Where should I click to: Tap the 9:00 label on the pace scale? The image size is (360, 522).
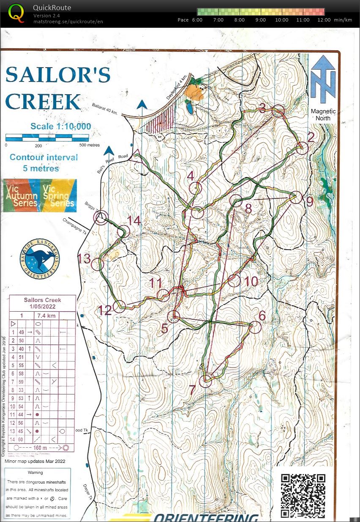261,20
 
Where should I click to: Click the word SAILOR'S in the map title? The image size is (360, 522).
58,75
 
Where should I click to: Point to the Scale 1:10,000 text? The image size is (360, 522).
60,126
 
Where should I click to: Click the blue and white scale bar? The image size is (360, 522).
47,137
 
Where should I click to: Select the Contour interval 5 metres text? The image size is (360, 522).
44,163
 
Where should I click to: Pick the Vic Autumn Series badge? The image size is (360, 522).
21,195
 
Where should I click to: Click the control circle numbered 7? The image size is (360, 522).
205,381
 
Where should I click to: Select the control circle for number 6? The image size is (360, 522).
254,327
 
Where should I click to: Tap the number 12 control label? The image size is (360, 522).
105,310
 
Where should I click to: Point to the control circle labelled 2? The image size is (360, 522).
302,148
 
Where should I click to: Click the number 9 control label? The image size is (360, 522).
310,202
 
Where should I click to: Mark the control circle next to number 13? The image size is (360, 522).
97,265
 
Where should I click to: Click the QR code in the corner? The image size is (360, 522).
303,495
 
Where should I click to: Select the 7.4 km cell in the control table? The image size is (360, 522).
44,315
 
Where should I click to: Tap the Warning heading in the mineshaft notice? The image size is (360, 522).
35,473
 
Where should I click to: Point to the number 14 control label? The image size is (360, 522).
134,221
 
